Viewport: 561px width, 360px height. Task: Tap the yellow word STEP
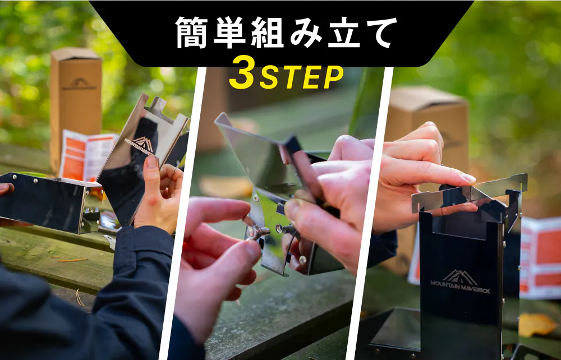301,77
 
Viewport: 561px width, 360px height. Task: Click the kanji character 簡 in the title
191,33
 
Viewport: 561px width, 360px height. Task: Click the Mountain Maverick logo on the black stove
460,281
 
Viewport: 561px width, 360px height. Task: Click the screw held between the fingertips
257,232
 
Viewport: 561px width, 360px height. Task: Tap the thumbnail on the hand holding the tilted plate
151,162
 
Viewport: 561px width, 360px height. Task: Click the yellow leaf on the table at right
537,324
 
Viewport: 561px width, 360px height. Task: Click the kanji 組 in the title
267,33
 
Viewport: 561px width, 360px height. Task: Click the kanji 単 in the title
229,33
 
